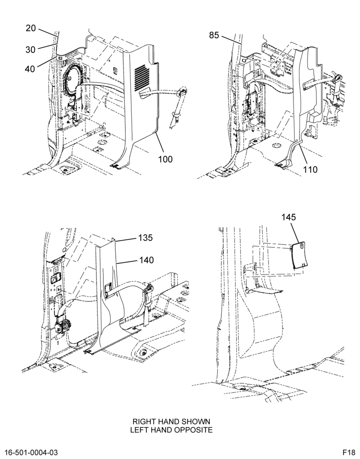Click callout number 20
click(x=30, y=28)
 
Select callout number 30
click(x=30, y=50)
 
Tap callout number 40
click(x=30, y=69)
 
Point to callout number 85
click(x=214, y=35)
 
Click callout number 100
click(x=165, y=160)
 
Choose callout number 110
click(x=310, y=169)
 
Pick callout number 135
click(x=146, y=238)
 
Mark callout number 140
click(x=146, y=260)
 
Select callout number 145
click(x=289, y=217)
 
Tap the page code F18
click(x=349, y=453)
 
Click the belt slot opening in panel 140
click(x=108, y=291)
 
